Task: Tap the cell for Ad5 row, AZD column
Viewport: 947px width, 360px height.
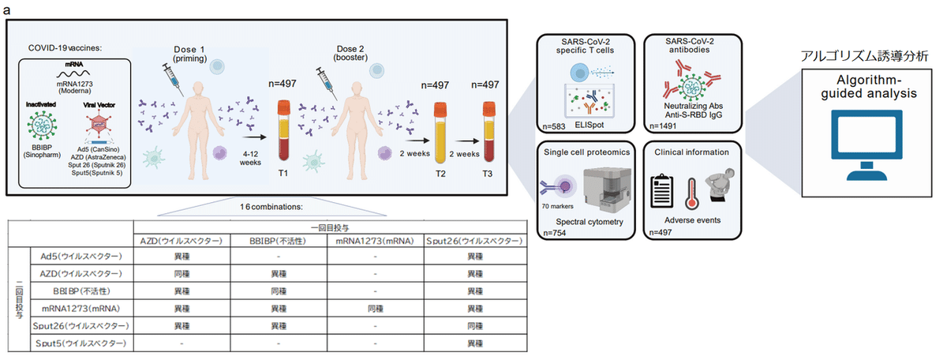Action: (181, 256)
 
